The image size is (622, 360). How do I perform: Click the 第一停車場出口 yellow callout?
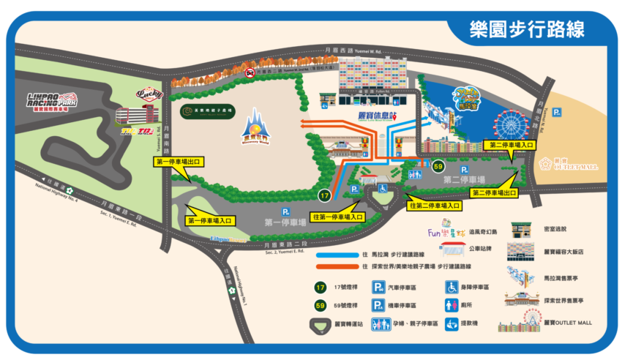pyautogui.click(x=179, y=160)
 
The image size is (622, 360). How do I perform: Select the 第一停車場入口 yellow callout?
pyautogui.click(x=211, y=220)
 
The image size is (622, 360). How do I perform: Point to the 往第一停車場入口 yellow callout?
pyautogui.click(x=337, y=217)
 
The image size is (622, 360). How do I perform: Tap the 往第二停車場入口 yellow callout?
pyautogui.click(x=435, y=206)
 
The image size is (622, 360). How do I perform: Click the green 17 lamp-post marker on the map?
pyautogui.click(x=325, y=195)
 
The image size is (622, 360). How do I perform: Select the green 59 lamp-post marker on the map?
pyautogui.click(x=438, y=166)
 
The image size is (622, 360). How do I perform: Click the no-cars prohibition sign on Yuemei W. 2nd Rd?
pyautogui.click(x=250, y=73)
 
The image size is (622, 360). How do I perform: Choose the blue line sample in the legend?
pyautogui.click(x=334, y=255)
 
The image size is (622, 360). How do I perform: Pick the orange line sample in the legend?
pyautogui.click(x=334, y=267)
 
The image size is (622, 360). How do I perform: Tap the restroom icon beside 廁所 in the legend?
pyautogui.click(x=452, y=304)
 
